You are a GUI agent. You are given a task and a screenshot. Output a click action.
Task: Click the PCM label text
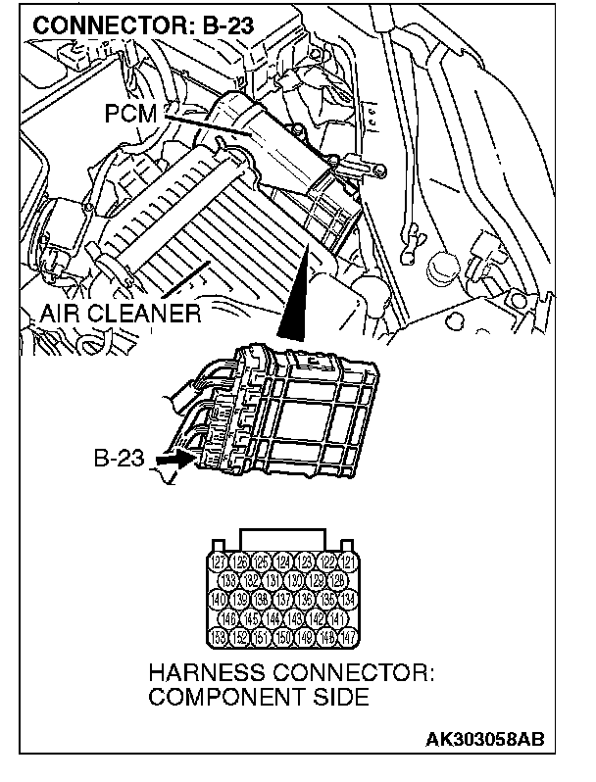point(132,114)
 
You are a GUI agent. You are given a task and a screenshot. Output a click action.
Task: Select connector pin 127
point(220,562)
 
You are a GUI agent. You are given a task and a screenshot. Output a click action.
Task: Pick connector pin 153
point(220,637)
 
